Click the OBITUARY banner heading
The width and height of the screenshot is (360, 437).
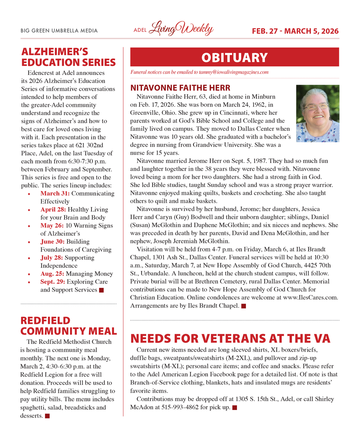[x=234, y=58]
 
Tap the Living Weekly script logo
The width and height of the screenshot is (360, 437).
[x=181, y=29]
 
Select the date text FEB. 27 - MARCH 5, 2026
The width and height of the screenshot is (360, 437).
[x=295, y=31]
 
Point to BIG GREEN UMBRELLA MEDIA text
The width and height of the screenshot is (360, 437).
[x=59, y=31]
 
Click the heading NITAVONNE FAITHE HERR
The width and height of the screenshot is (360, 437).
[x=180, y=88]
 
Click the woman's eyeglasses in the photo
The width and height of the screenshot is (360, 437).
[x=316, y=106]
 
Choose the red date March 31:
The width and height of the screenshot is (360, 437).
[x=55, y=193]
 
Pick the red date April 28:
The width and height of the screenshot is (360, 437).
[x=54, y=210]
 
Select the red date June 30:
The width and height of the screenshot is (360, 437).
[x=52, y=242]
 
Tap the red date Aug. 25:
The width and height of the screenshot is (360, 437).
[x=52, y=274]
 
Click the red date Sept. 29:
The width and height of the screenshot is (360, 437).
[x=53, y=282]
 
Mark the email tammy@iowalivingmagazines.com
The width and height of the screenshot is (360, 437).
[x=230, y=72]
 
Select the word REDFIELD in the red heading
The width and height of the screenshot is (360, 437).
[x=45, y=320]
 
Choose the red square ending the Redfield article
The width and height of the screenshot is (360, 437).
[x=47, y=416]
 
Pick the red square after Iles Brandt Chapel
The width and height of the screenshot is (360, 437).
[x=243, y=306]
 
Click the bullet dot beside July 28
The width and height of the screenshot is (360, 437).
[x=29, y=258]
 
